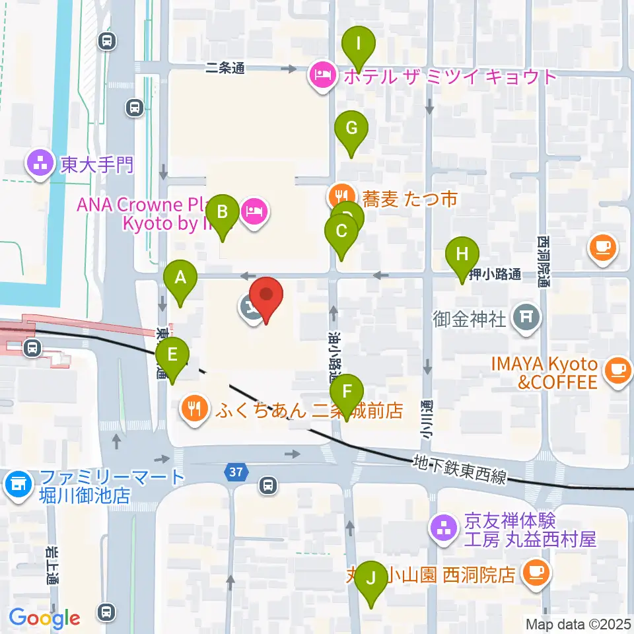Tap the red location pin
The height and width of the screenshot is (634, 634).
[266, 299]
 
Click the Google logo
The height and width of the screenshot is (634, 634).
[45, 618]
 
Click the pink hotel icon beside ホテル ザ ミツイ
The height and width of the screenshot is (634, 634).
[322, 77]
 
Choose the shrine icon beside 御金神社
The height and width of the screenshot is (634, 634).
[526, 318]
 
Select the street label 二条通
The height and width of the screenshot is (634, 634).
[225, 68]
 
